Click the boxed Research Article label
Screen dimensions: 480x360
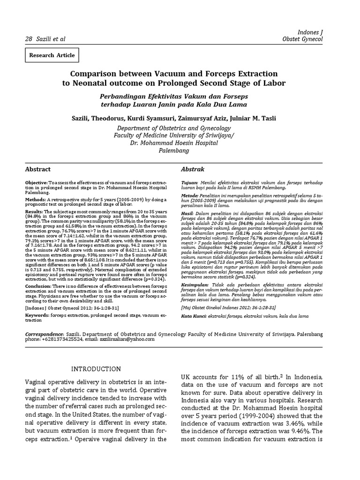(52, 55)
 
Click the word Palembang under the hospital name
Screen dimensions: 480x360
(174, 151)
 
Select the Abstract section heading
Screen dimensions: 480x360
(37, 169)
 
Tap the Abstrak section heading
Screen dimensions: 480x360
(192, 169)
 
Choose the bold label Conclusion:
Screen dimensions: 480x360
(38, 286)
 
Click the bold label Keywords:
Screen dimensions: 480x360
(37, 316)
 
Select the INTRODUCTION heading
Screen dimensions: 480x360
(96, 369)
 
